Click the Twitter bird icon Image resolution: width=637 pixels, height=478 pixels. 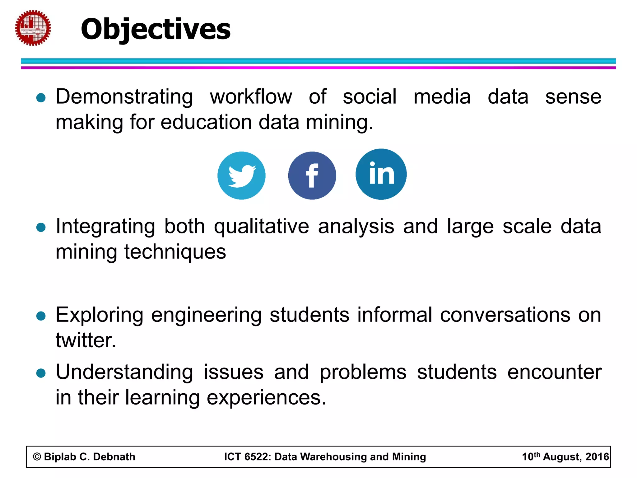point(241,176)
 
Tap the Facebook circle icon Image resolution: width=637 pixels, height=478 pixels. point(312,176)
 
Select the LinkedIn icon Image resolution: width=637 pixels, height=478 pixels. point(381,174)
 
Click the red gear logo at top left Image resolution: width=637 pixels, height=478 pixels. point(33,28)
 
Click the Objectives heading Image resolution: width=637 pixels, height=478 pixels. point(156,29)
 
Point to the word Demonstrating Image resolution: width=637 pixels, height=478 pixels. point(124,97)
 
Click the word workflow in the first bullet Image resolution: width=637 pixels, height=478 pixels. point(251,97)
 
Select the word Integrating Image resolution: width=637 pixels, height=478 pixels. point(105,227)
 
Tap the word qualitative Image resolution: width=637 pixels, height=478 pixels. point(261,227)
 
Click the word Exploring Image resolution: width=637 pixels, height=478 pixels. point(99,315)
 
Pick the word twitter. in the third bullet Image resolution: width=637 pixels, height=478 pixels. point(86,340)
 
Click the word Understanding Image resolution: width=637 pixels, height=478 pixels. point(124,373)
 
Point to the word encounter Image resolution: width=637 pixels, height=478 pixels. point(554,373)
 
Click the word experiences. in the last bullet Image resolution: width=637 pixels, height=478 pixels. point(266,398)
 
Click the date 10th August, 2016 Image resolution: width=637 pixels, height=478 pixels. point(565,457)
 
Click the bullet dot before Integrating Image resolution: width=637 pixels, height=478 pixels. point(41,227)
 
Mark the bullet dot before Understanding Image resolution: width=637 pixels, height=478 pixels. point(41,373)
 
